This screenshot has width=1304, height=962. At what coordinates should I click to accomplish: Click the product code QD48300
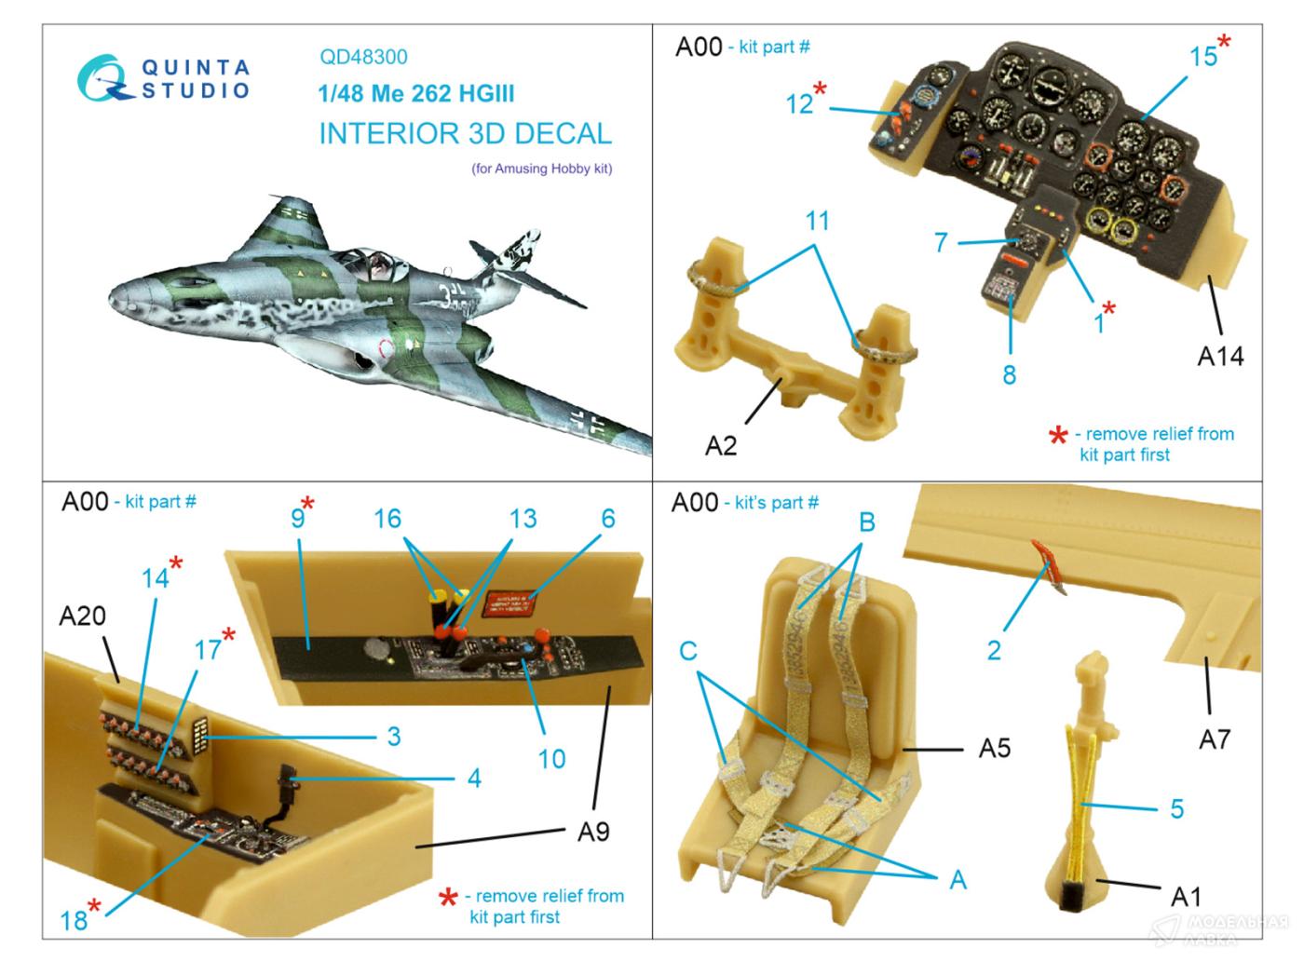363,57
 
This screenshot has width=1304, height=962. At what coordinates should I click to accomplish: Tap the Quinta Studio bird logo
104,78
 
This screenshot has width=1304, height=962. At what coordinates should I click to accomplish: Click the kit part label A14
1219,357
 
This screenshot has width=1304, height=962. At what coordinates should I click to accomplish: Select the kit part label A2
720,446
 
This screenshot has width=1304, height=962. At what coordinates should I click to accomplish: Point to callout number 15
1202,56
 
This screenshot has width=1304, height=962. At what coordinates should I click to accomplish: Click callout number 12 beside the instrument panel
799,103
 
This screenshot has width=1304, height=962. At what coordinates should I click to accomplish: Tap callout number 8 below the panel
1009,374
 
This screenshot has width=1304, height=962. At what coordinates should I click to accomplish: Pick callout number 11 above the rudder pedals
817,222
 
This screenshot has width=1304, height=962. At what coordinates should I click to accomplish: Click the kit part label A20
82,616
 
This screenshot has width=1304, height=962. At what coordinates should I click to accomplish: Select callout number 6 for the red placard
608,519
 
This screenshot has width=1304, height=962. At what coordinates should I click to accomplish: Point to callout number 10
551,759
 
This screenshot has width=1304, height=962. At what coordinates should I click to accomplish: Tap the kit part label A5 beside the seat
994,748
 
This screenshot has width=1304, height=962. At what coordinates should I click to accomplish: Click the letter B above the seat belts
866,522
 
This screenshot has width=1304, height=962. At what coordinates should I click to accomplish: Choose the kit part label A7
1214,739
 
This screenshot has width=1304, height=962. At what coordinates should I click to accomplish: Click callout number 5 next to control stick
1176,808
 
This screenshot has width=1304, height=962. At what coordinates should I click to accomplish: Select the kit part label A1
1185,897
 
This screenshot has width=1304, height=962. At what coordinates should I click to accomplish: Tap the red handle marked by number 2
1051,564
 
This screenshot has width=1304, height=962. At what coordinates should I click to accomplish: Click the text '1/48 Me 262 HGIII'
415,94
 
